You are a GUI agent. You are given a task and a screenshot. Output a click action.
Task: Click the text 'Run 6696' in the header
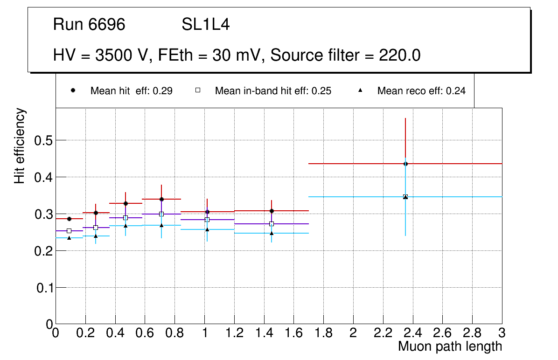(89, 25)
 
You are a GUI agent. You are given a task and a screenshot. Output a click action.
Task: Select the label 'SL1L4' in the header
(205, 25)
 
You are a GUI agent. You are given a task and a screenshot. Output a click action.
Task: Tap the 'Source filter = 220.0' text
(346, 55)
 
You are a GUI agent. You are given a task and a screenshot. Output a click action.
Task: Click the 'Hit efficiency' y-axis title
(20, 146)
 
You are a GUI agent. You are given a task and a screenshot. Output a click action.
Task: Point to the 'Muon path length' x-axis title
(450, 346)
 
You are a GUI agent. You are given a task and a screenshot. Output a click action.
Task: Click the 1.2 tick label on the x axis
(234, 333)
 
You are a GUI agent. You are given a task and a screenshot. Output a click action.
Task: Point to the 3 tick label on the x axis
(502, 333)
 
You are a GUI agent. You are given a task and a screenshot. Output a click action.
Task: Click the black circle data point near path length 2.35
(405, 164)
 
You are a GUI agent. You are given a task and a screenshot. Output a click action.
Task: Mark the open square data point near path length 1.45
(272, 224)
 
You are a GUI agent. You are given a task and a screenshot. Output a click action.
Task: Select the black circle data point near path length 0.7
(161, 199)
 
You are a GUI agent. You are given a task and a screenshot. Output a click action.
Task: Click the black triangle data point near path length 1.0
(207, 229)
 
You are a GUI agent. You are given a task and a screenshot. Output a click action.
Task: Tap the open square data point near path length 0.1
(69, 231)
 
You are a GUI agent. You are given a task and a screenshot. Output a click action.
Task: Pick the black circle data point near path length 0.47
(126, 203)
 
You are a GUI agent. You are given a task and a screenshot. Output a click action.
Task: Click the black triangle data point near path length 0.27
(96, 236)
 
